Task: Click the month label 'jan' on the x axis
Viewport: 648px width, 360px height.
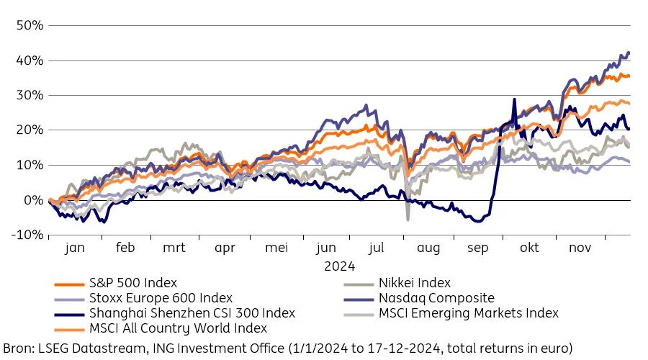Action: (74, 248)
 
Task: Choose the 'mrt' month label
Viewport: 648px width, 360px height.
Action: (174, 248)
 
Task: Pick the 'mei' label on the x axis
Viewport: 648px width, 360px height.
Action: (276, 248)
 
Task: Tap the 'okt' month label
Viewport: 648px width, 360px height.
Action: (529, 248)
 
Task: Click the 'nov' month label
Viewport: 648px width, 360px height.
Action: (580, 248)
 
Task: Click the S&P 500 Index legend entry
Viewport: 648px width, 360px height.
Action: (132, 283)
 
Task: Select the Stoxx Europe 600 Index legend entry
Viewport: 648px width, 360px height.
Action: (161, 298)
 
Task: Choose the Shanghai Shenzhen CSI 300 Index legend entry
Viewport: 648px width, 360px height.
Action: (192, 313)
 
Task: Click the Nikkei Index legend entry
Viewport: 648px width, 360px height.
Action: (415, 283)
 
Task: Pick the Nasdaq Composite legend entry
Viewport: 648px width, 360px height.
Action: (436, 298)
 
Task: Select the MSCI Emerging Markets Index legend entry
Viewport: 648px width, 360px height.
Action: (468, 313)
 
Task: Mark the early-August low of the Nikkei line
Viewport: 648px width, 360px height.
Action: (408, 219)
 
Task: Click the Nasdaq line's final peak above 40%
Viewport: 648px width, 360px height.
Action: (629, 53)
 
